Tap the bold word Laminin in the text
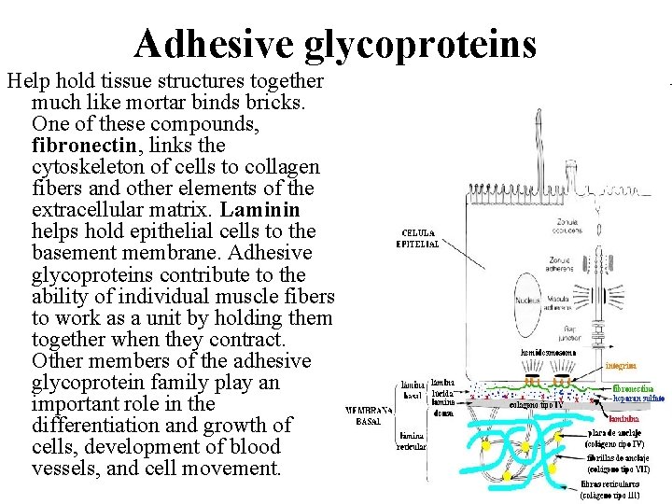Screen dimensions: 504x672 click(x=269, y=210)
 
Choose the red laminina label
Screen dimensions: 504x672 click(x=624, y=419)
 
